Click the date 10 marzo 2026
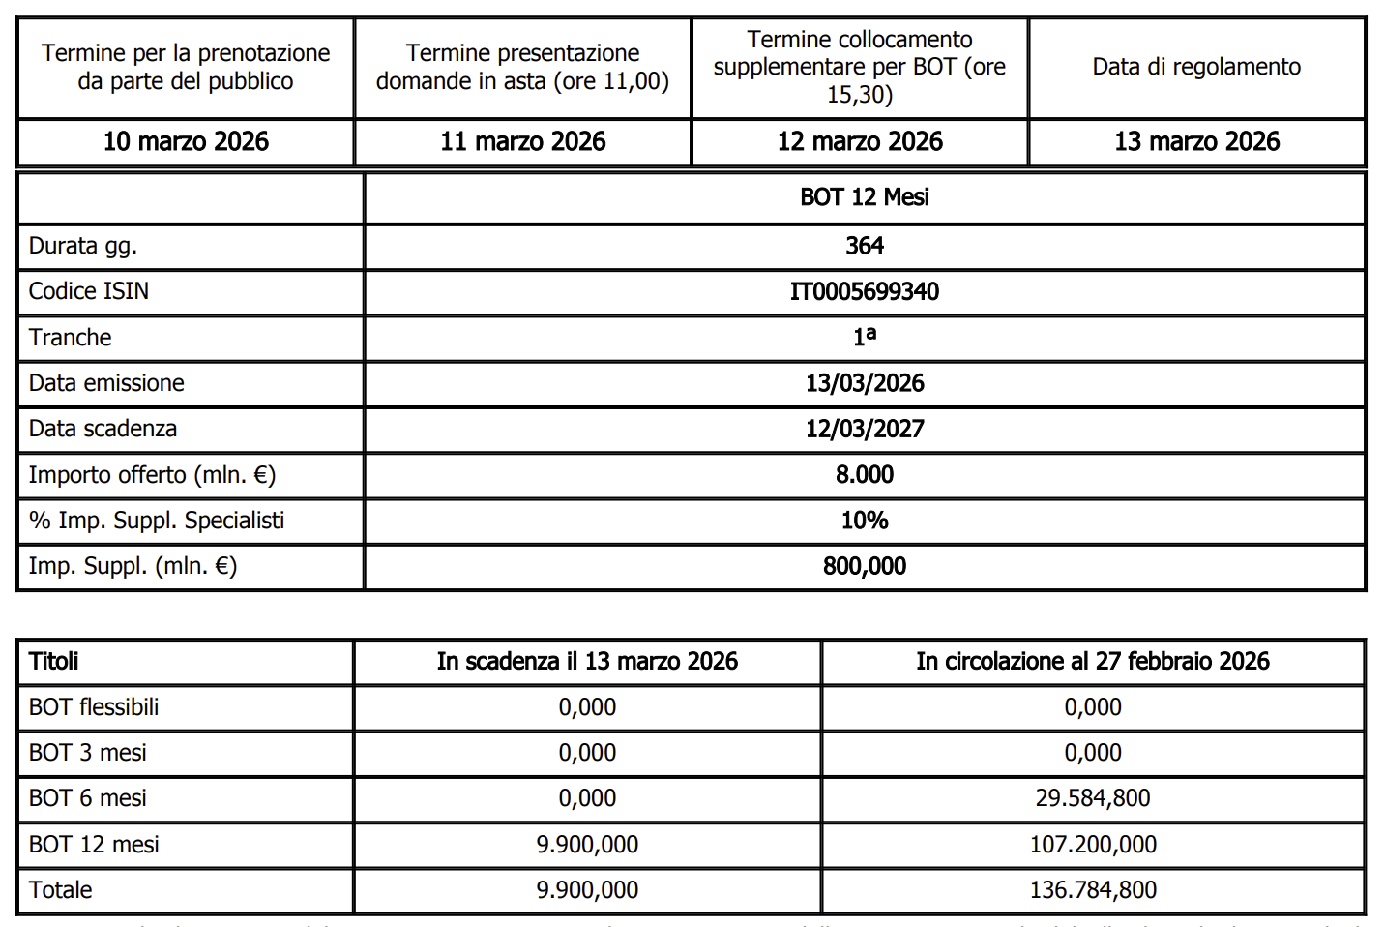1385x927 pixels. click(x=186, y=142)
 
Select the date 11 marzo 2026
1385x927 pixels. click(x=522, y=142)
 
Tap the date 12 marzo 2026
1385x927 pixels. click(x=860, y=142)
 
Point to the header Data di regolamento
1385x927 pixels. click(x=1196, y=67)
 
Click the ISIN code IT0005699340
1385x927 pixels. click(x=865, y=292)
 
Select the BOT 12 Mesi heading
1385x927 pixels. click(x=865, y=197)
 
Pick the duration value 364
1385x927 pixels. click(x=865, y=246)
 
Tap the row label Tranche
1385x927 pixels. click(x=70, y=338)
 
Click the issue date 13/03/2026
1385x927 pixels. click(x=865, y=383)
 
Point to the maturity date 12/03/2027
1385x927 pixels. click(x=865, y=429)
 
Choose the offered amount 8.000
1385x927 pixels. click(x=865, y=475)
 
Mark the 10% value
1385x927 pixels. click(x=865, y=521)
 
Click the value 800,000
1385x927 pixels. click(x=865, y=566)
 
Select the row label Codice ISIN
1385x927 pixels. click(x=89, y=291)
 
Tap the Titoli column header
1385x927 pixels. click(x=54, y=662)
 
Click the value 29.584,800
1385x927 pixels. click(x=1093, y=798)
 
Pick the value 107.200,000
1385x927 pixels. click(x=1093, y=845)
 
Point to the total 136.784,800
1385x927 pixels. click(x=1093, y=890)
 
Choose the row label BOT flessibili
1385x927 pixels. click(x=94, y=707)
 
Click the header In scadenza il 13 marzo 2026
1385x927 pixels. click(x=587, y=662)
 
